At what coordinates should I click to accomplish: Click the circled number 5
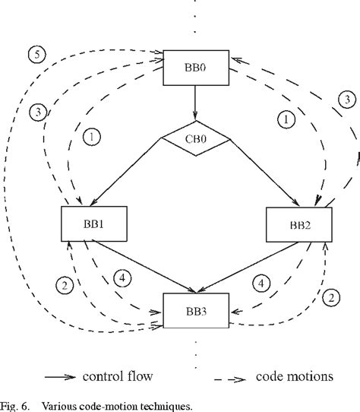click(x=35, y=54)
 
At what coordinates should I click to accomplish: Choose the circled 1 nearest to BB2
click(x=286, y=119)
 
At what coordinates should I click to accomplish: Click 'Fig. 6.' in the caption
click(x=17, y=405)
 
